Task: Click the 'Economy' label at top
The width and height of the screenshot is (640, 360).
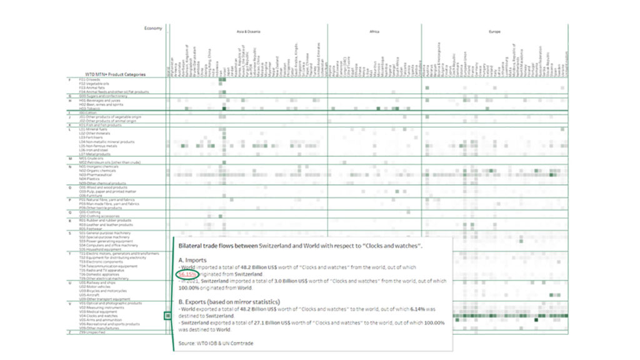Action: pos(153,28)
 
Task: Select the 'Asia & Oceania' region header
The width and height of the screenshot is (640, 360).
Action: pos(248,31)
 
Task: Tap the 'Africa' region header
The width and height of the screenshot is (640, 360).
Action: pos(374,31)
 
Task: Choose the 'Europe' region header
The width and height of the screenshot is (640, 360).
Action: pos(494,31)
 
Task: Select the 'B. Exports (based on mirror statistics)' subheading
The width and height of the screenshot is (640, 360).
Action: pos(229,301)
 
